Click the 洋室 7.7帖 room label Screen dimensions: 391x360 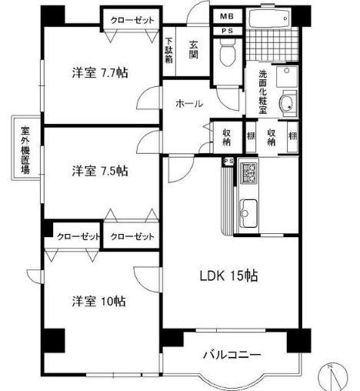coord(100,73)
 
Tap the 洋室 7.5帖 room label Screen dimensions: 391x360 coord(100,170)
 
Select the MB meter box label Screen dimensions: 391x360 coord(228,16)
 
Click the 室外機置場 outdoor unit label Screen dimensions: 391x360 coord(25,147)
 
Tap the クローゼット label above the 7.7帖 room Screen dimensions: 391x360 coord(131,19)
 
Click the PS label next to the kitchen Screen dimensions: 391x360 coord(228,160)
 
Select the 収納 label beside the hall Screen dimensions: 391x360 coord(227,135)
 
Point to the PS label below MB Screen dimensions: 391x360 coord(228,31)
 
